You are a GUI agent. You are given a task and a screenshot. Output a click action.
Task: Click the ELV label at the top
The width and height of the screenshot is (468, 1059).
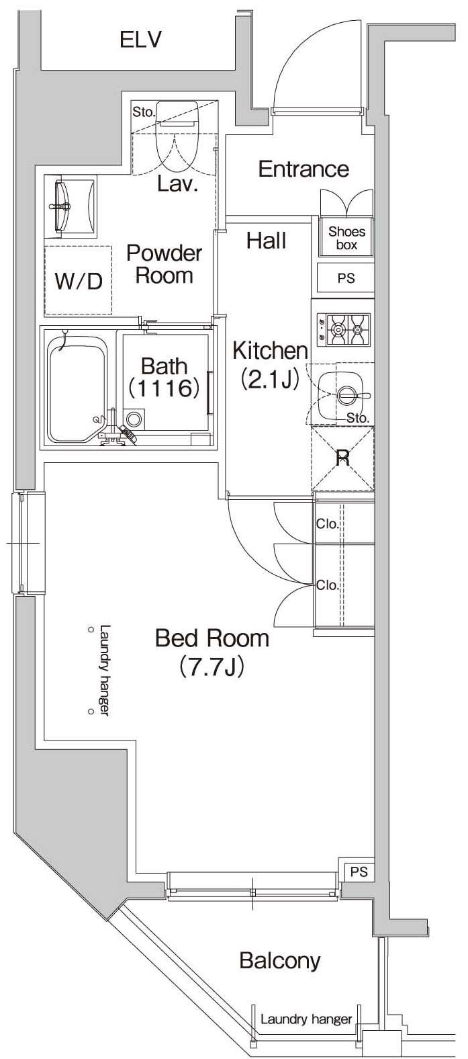pyautogui.click(x=140, y=40)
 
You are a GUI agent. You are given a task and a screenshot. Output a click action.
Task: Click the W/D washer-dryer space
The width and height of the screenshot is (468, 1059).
pyautogui.click(x=78, y=281)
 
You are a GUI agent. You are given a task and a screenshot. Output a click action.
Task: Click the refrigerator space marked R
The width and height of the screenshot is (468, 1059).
pyautogui.click(x=342, y=459)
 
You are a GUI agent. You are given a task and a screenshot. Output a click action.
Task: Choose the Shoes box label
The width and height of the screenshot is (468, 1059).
pyautogui.click(x=346, y=239)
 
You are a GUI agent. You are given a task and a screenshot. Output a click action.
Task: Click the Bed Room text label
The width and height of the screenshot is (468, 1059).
pyautogui.click(x=212, y=638)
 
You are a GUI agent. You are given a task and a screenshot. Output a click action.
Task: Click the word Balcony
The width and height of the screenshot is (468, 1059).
pyautogui.click(x=280, y=961)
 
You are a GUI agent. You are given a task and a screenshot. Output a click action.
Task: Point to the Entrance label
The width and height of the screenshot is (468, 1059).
pyautogui.click(x=303, y=169)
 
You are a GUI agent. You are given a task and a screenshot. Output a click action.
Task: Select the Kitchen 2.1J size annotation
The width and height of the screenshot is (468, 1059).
pyautogui.click(x=270, y=380)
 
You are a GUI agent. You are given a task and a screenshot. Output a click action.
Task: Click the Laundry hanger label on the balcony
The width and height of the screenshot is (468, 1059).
pyautogui.click(x=306, y=1020)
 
